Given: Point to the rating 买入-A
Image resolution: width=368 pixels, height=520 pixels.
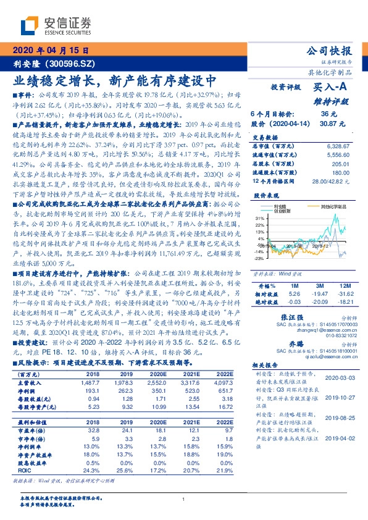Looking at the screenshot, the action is click(331, 88).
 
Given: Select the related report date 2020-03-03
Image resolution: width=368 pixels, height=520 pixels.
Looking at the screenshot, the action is click(338, 376).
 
